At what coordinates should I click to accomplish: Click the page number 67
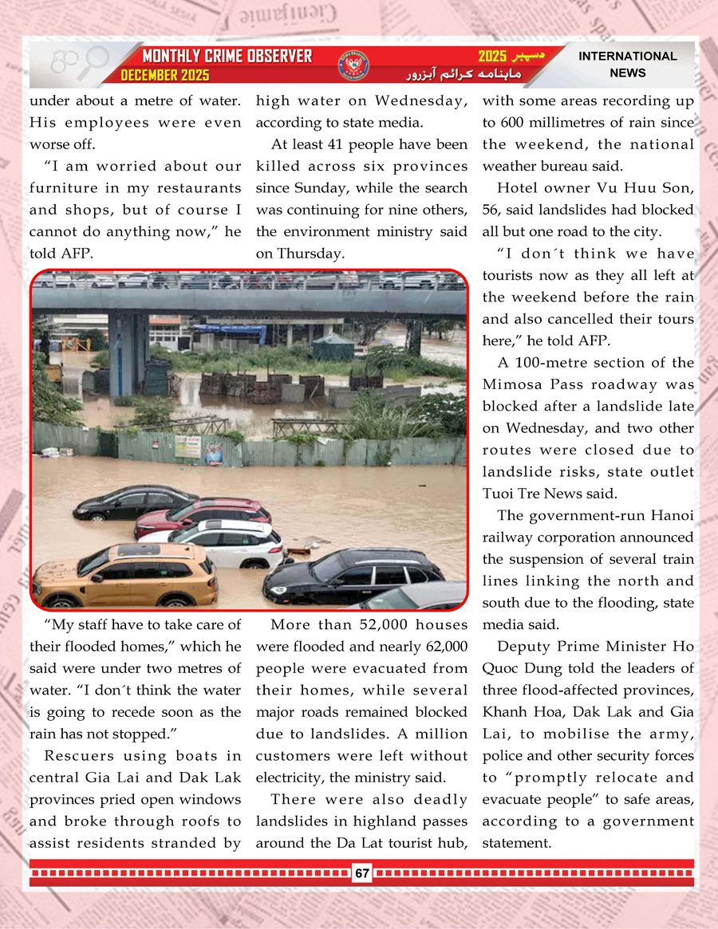(x=362, y=873)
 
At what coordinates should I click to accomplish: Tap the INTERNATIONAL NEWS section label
(x=627, y=65)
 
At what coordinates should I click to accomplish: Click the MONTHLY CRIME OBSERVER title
(x=227, y=56)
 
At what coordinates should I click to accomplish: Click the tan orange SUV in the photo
(x=125, y=574)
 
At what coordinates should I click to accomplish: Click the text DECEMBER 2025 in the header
(x=165, y=76)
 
